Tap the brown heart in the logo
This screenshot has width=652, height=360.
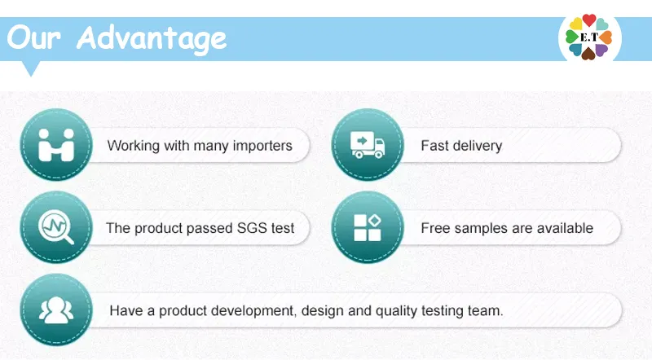point(588,54)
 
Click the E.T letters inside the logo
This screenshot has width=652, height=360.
point(588,37)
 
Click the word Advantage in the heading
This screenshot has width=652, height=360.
point(152,38)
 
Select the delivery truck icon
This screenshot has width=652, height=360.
point(368,145)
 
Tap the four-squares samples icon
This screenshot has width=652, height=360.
point(368,227)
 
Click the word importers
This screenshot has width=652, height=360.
point(260,147)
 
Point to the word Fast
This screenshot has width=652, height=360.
point(434,147)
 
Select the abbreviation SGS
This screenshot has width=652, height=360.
point(252,228)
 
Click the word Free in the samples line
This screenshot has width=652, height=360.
point(435,228)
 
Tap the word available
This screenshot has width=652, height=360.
point(562,228)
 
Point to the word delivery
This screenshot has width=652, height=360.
point(477,147)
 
